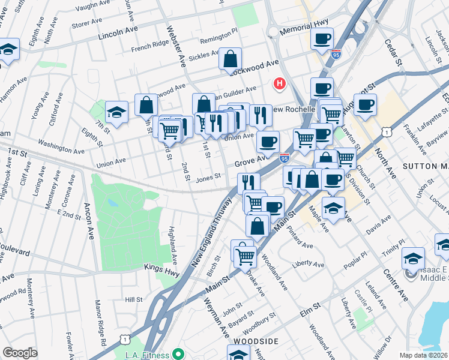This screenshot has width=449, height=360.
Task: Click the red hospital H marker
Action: coord(279,85)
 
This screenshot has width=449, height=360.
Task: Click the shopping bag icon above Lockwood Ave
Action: coord(230,59)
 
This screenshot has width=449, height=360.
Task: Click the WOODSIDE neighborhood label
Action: coord(256,341)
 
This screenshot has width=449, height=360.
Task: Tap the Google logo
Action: coord(20,353)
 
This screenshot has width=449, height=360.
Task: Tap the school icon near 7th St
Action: coord(116,112)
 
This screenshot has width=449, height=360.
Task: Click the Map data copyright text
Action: coord(424,355)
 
